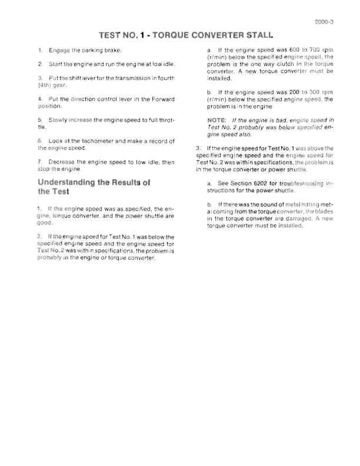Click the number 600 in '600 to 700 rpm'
click(x=290, y=51)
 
